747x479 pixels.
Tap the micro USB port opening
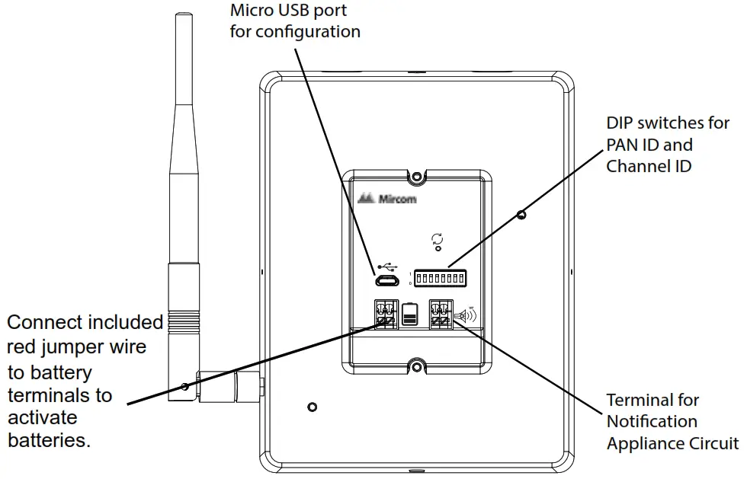click(x=386, y=281)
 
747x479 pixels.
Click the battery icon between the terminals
click(x=409, y=314)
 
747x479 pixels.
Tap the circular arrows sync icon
click(x=437, y=239)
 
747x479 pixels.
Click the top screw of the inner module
click(x=415, y=177)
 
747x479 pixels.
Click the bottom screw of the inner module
click(x=415, y=367)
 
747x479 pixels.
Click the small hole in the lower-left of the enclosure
click(x=311, y=407)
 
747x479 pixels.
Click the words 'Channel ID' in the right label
click(x=649, y=165)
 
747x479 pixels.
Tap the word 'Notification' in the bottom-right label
click(x=652, y=421)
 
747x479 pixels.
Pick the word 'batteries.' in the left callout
click(x=49, y=439)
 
